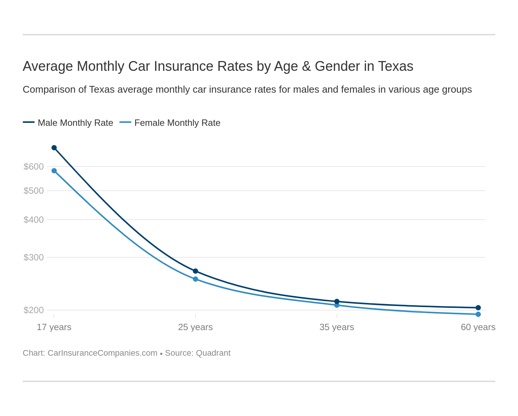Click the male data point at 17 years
coord(54,148)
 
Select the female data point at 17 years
coord(54,171)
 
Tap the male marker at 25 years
coord(196,271)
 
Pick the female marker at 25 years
coord(196,279)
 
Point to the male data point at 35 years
coord(337,301)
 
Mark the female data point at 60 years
coord(478,314)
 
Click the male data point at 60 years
coord(478,307)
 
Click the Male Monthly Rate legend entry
coord(75,123)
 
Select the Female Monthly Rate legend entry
coord(177,123)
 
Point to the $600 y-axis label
coord(34,167)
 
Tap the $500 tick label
coord(34,191)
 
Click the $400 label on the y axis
coord(34,220)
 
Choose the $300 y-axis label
coord(34,257)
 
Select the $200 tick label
coord(34,310)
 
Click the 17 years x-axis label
coord(54,327)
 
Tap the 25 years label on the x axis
coord(196,327)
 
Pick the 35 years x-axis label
coord(337,327)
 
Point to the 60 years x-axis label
coord(478,327)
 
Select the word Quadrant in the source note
coord(213,353)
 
